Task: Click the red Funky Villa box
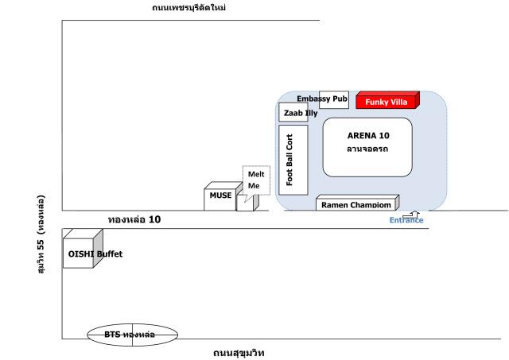[x=387, y=100]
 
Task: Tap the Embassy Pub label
[x=322, y=99]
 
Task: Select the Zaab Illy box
[x=293, y=112]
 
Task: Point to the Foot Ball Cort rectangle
[x=293, y=160]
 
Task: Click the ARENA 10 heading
[x=368, y=136]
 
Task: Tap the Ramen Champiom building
[x=357, y=203]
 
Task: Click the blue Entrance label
[x=406, y=220]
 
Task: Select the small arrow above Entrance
[x=411, y=215]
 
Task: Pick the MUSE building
[x=223, y=196]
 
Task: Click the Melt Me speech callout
[x=256, y=180]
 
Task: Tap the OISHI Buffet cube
[x=83, y=249]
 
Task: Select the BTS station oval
[x=133, y=335]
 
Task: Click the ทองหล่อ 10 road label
[x=134, y=219]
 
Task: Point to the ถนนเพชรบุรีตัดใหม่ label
[x=189, y=7]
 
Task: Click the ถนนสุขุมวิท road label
[x=239, y=353]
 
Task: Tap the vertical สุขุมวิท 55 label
[x=41, y=234]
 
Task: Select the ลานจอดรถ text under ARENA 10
[x=367, y=149]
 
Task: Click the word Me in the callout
[x=254, y=186]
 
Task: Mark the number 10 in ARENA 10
[x=384, y=136]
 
